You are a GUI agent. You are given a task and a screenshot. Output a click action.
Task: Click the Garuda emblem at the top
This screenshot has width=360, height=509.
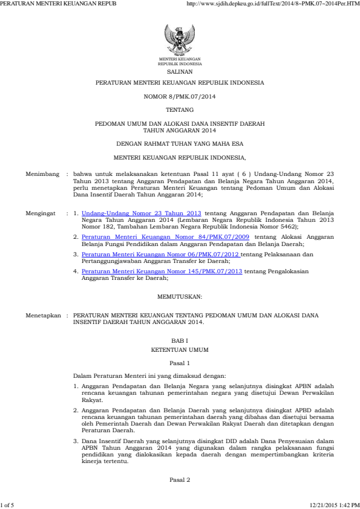(x=180, y=41)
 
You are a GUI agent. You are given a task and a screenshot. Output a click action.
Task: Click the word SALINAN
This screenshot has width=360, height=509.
(x=180, y=70)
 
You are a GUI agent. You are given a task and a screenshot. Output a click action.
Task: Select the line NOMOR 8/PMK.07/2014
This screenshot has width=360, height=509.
(x=180, y=96)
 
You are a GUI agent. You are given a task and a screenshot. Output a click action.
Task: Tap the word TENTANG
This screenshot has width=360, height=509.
(x=180, y=109)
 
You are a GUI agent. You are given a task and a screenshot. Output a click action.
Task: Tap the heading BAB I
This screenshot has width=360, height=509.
(x=180, y=342)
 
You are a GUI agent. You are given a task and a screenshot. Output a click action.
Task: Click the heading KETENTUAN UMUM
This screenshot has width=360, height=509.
(x=180, y=349)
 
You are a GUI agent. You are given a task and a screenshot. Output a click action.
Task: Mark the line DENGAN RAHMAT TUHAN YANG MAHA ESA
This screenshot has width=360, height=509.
(x=180, y=143)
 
